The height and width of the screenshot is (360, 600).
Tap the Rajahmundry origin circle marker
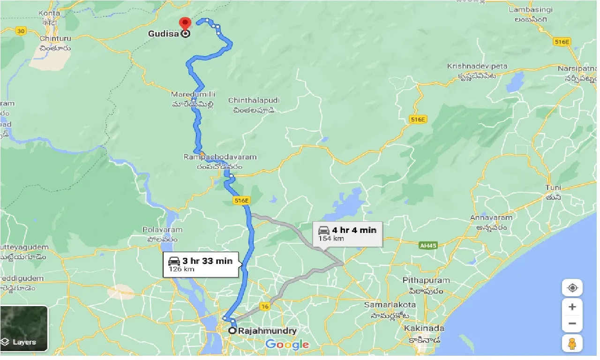[232, 331]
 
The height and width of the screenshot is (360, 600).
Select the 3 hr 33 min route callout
[202, 264]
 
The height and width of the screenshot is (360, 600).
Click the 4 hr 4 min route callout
[347, 233]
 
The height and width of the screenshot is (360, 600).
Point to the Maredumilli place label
[193, 95]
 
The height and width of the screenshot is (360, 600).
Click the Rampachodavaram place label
[220, 157]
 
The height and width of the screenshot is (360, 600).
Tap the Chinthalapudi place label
[254, 101]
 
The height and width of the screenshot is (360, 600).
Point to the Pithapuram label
[426, 280]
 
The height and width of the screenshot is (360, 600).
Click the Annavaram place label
[491, 217]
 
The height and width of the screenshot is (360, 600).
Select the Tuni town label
[553, 187]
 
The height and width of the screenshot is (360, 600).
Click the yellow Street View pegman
[572, 344]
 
